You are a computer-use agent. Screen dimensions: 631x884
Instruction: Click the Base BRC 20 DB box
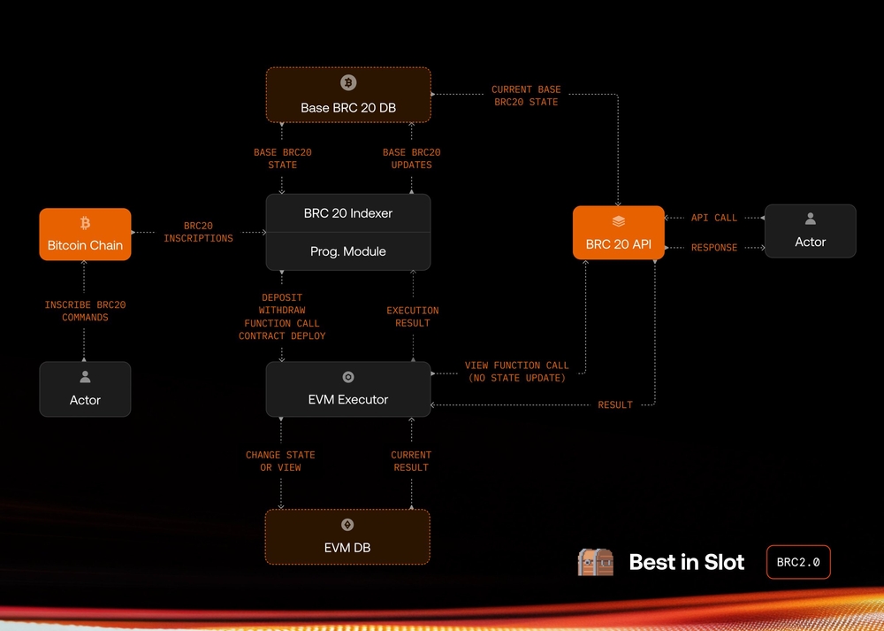[348, 95]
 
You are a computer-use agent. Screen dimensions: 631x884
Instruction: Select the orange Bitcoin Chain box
[85, 235]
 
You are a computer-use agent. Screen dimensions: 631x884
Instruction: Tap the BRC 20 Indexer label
[348, 213]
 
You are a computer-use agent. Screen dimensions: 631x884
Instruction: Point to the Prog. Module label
[348, 251]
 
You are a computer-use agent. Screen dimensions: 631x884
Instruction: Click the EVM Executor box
[348, 389]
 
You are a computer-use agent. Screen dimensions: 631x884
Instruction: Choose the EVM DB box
[347, 536]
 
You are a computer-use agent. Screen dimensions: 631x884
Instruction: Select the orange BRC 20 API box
[618, 234]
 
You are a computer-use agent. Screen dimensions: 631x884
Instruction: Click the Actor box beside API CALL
[810, 232]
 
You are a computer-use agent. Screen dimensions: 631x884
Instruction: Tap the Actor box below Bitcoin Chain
[85, 389]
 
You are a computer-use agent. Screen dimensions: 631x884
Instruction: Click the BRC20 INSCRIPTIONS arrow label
[199, 232]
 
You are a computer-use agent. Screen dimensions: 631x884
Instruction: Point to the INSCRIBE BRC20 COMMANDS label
[86, 311]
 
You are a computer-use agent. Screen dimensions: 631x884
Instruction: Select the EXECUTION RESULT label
[413, 317]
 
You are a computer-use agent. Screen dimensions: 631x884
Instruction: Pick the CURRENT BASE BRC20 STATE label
[526, 96]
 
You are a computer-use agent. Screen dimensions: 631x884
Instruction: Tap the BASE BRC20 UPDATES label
[412, 158]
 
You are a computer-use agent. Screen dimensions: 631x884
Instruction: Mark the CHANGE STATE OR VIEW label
[280, 461]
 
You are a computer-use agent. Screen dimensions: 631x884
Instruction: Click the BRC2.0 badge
[798, 562]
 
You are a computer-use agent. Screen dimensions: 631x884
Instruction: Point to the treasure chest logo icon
[595, 562]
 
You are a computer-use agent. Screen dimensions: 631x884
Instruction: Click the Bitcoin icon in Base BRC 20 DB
[348, 82]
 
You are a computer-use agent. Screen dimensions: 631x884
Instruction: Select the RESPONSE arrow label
[714, 248]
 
